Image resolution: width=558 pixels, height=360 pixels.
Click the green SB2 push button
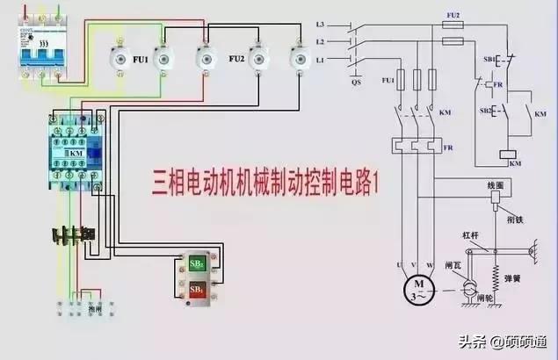[x=197, y=263]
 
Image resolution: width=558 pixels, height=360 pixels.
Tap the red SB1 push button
[x=197, y=290]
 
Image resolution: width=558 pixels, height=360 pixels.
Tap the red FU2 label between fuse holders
[x=236, y=60]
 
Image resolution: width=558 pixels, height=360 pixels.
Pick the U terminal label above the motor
[x=400, y=264]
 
